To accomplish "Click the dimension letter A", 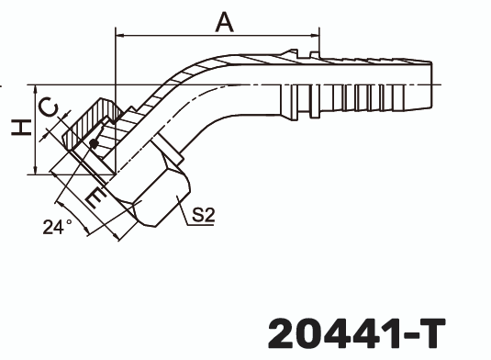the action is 225,22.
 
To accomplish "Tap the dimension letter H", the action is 21,128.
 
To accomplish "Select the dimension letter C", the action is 48,107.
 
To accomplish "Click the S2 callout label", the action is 204,215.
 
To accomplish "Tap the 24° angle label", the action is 57,227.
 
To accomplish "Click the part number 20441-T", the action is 357,333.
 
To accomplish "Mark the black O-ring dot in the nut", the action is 94,144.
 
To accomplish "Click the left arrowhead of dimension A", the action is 120,36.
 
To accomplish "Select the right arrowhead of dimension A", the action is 315,36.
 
